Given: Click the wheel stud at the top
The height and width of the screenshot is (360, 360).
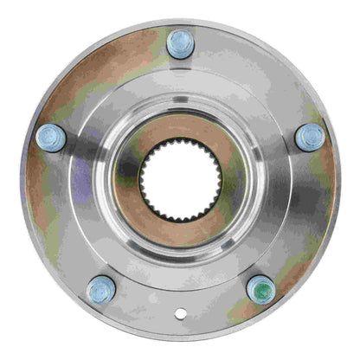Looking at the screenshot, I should pos(180,44).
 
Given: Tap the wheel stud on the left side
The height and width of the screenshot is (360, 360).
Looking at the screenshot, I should pos(52,138).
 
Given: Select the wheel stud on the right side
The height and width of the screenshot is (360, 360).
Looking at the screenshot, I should pos(309,138).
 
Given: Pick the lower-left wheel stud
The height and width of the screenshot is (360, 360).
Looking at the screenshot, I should pos(101,289).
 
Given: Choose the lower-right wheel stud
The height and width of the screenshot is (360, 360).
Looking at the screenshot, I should pos(260,289).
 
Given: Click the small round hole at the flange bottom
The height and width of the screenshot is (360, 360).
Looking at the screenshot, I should pos(180,314).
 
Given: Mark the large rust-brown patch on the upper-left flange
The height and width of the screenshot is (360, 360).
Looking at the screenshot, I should pos(95,78).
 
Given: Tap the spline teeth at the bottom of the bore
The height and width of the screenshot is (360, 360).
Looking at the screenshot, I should pos(180,216).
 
